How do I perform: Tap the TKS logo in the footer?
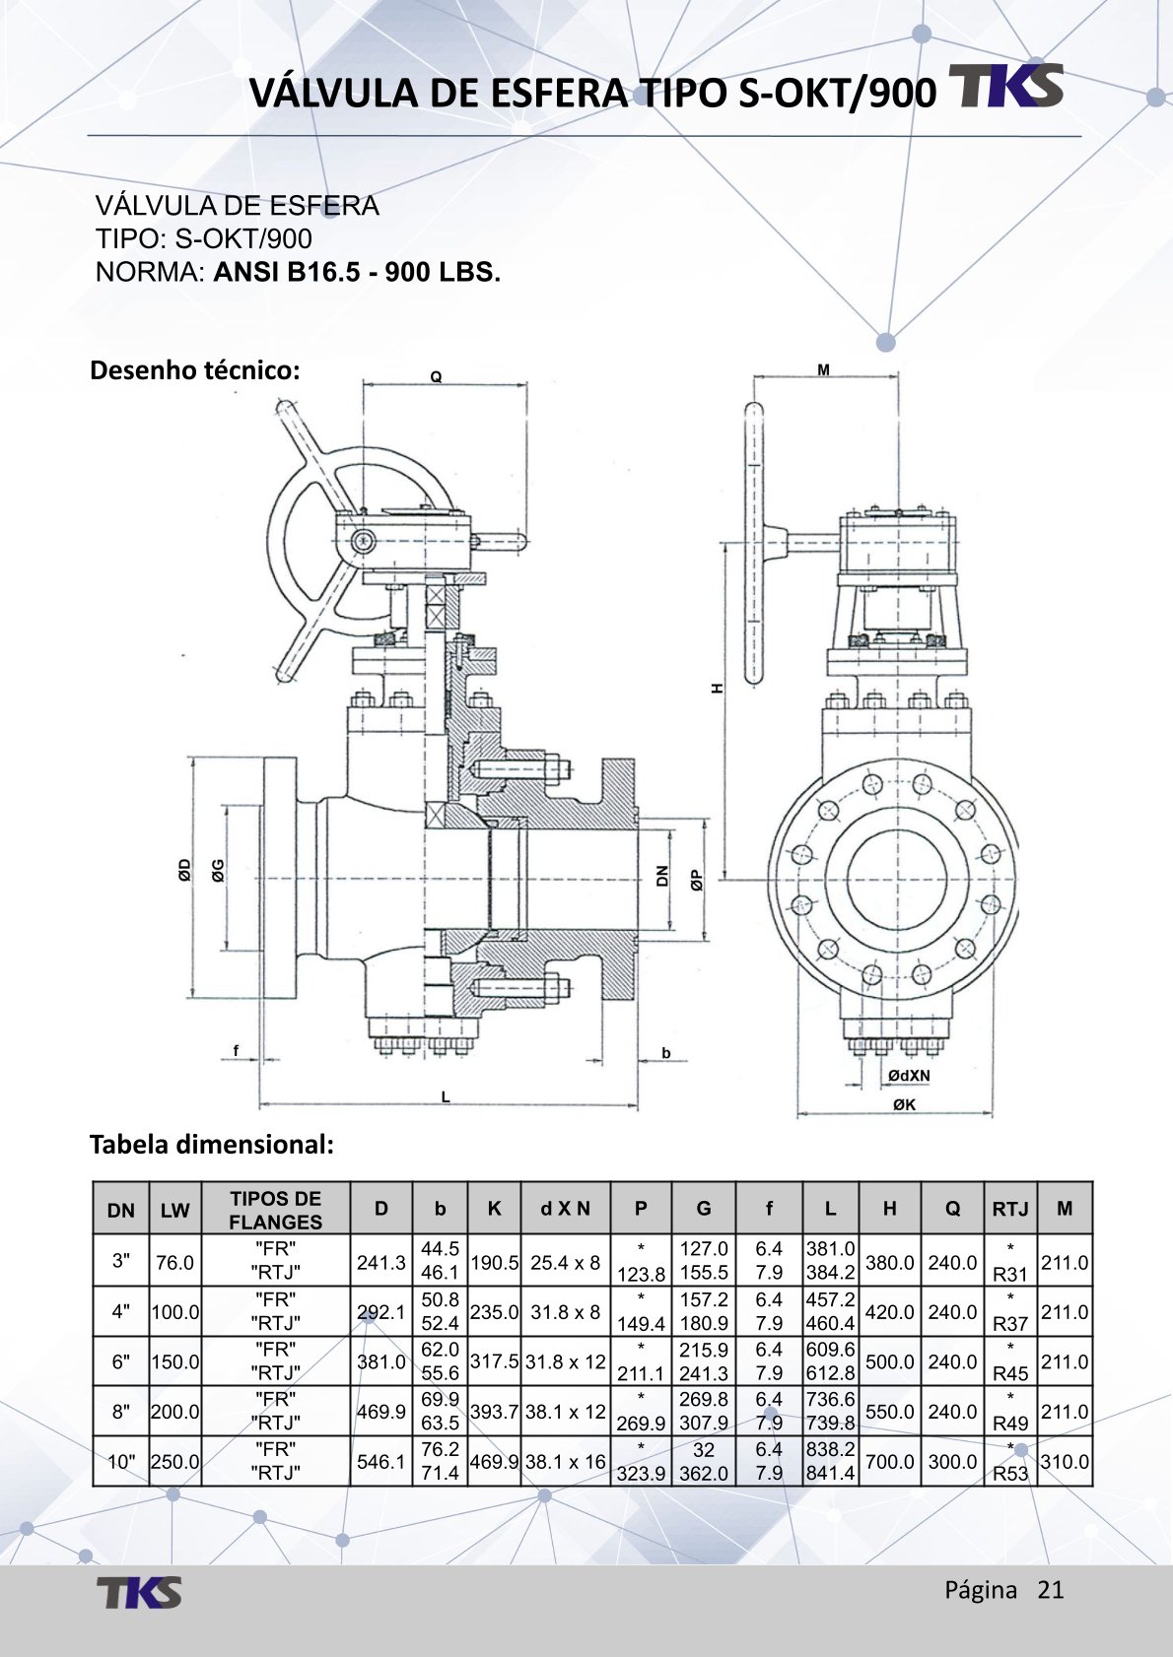[x=139, y=1592]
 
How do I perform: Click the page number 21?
[x=1051, y=1589]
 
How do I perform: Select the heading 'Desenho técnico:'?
[x=194, y=370]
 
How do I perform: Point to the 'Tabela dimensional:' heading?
[x=212, y=1144]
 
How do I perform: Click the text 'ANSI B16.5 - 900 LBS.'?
[x=357, y=272]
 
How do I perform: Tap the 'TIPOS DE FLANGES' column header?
[x=275, y=1210]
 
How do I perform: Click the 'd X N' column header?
[x=565, y=1209]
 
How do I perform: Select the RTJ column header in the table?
[x=1009, y=1209]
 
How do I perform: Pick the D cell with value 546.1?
[x=380, y=1462]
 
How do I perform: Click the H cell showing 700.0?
[x=889, y=1462]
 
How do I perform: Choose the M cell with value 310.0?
[x=1065, y=1462]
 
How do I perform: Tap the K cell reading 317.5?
[x=494, y=1361]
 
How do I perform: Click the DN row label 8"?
[x=120, y=1412]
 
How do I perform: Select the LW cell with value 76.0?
[x=174, y=1262]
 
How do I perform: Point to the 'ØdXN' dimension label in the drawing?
[x=908, y=1075]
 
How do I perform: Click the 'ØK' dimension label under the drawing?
[x=904, y=1104]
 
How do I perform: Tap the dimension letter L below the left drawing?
[x=446, y=1095]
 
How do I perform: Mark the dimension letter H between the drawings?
[x=718, y=688]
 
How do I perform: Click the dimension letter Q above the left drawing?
[x=436, y=376]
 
